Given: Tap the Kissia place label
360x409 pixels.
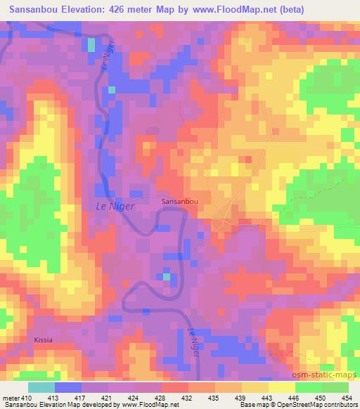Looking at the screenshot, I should (43, 339).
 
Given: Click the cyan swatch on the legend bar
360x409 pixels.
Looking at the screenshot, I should (41, 387).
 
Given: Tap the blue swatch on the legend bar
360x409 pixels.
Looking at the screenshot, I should (68, 387).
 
